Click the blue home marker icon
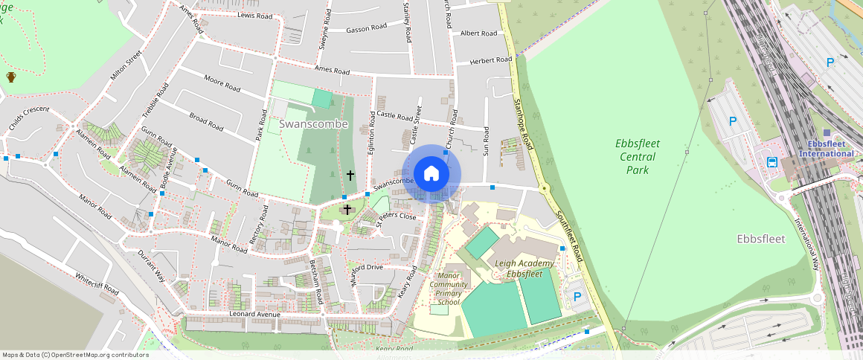pyautogui.click(x=431, y=173)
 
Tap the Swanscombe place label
pyautogui.click(x=313, y=124)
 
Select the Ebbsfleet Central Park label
pyautogui.click(x=638, y=156)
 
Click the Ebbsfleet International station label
pyautogui.click(x=826, y=149)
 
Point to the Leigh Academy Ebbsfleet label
pyautogui.click(x=524, y=269)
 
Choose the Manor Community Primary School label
pyautogui.click(x=449, y=289)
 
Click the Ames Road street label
pyautogui.click(x=332, y=71)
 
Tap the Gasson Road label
pyautogui.click(x=367, y=28)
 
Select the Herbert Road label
pyautogui.click(x=489, y=61)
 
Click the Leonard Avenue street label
pyautogui.click(x=254, y=315)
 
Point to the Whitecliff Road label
pyautogui.click(x=97, y=283)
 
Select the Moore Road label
pyautogui.click(x=222, y=83)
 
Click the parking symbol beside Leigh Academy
pyautogui.click(x=577, y=297)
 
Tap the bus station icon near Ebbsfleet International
pyautogui.click(x=772, y=162)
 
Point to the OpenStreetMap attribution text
pyautogui.click(x=74, y=355)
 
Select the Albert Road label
pyautogui.click(x=478, y=33)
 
